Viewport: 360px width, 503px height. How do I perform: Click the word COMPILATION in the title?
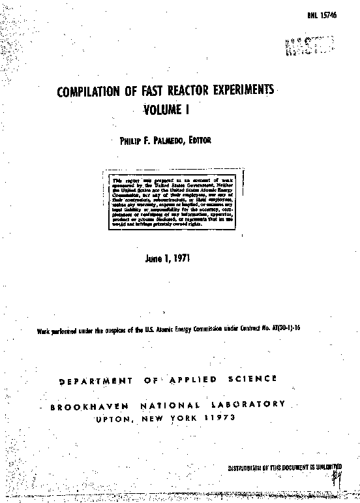tap(89, 92)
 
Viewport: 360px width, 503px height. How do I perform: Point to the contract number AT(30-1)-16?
tap(284, 330)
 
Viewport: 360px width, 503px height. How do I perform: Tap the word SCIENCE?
tap(252, 378)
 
